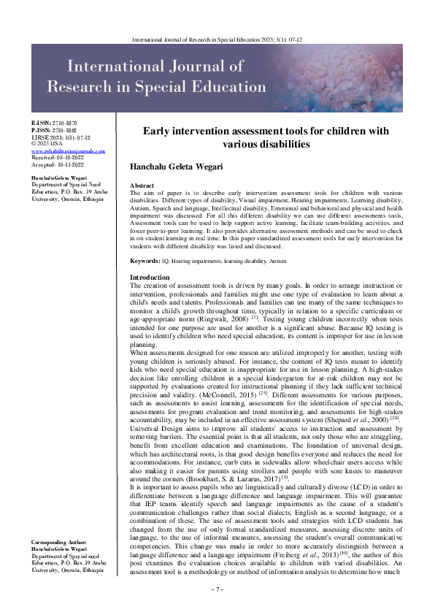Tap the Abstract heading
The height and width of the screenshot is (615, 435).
(142, 187)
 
